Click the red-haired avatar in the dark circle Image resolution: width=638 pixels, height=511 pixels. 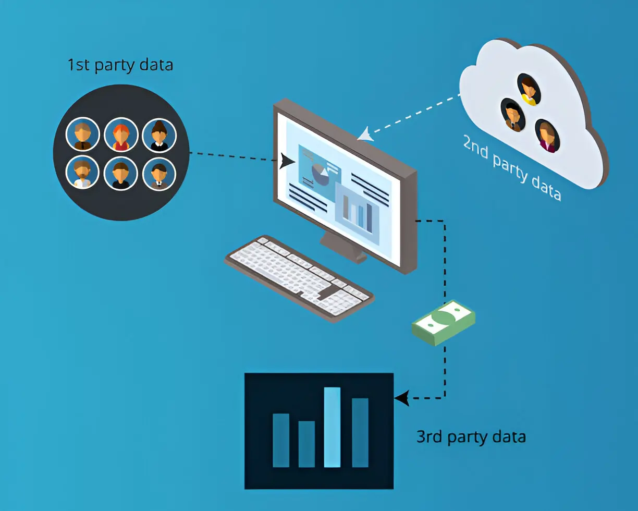pos(121,135)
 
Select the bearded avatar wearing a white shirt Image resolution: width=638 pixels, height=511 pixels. pos(82,173)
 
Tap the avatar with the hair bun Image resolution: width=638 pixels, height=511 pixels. pos(159,135)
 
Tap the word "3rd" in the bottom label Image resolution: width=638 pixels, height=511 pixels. pos(429,436)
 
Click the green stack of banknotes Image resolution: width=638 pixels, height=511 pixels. pos(444,322)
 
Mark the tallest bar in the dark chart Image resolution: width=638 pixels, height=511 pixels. pos(332,427)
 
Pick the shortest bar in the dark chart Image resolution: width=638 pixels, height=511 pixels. pos(306,444)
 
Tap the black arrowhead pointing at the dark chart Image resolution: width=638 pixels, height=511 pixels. pos(400,399)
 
